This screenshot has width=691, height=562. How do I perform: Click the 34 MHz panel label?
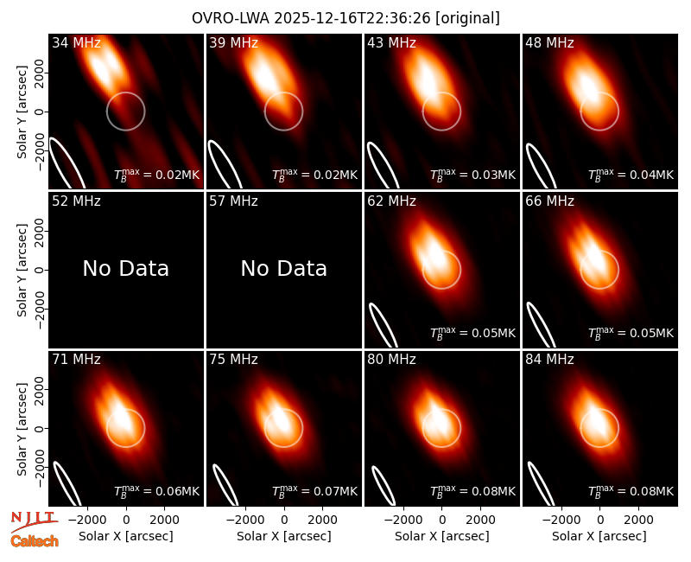(x=76, y=42)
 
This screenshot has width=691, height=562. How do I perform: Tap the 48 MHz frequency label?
(x=549, y=42)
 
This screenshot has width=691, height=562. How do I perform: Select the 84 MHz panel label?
(x=549, y=360)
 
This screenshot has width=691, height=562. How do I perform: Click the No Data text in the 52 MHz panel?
(x=125, y=268)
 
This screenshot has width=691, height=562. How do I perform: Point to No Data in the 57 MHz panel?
(x=284, y=268)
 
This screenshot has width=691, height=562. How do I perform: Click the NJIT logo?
(x=35, y=521)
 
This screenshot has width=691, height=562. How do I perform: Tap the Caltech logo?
(x=35, y=541)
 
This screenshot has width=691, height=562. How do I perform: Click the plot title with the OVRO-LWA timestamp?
(x=345, y=18)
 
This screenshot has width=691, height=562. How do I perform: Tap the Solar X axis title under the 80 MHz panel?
(x=442, y=536)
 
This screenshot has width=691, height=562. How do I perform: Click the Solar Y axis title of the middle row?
(x=22, y=270)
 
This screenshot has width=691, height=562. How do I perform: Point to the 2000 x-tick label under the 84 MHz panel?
(x=638, y=520)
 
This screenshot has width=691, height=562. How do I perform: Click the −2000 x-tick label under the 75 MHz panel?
(x=243, y=520)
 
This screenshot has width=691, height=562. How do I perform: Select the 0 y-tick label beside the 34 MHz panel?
(x=40, y=112)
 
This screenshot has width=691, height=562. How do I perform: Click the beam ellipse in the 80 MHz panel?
(x=384, y=485)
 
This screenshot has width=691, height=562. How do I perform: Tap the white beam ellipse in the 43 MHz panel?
(x=383, y=165)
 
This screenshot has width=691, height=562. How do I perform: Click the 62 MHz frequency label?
(x=392, y=201)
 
